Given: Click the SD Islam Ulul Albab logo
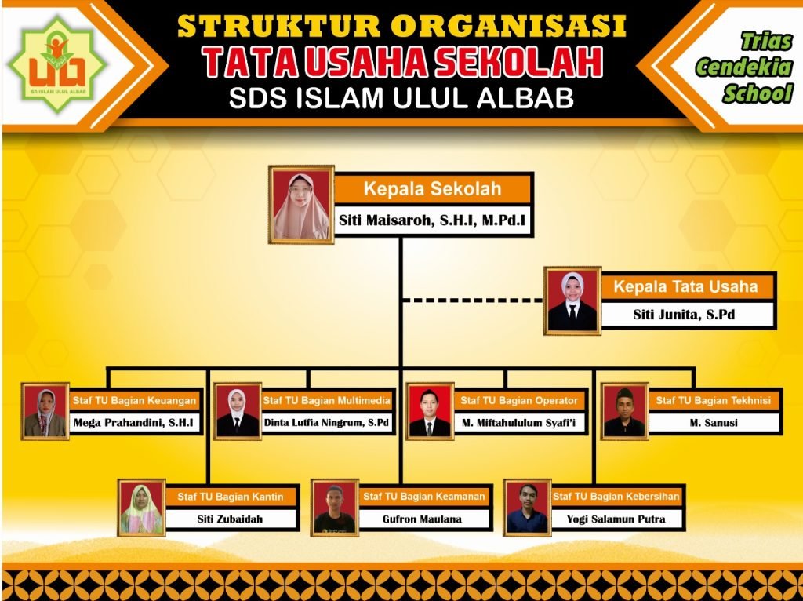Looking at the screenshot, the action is pos(57,64).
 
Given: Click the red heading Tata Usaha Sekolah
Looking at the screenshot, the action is pos(402,61).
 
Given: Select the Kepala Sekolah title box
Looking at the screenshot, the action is pos(433,188).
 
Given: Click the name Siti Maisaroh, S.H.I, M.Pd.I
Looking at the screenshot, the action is pos(432,220).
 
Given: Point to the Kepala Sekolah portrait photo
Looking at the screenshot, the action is pos(301,205).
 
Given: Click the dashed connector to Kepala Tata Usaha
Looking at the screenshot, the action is pos(473,300).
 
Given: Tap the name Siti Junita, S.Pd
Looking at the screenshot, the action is pos(684,315).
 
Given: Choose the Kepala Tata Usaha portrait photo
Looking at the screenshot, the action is pos(572,300).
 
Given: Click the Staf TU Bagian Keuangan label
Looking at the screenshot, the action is pos(134,401).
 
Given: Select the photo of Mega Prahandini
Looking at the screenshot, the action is pos(45,411).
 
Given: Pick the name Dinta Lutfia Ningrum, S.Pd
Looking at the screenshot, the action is pos(327,423).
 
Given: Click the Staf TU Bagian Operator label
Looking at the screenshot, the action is pos(519,401).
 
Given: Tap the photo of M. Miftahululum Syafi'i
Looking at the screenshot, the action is pos(430,411).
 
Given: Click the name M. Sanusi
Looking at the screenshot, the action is pos(714,423).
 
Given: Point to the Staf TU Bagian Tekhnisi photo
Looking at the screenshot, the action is pos(624,411).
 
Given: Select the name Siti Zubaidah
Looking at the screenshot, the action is pos(230,519).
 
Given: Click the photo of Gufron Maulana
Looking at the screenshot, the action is pos(334,508).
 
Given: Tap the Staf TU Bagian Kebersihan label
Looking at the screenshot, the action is pos(616,497).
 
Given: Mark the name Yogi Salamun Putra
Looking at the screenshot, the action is pos(616,519).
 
